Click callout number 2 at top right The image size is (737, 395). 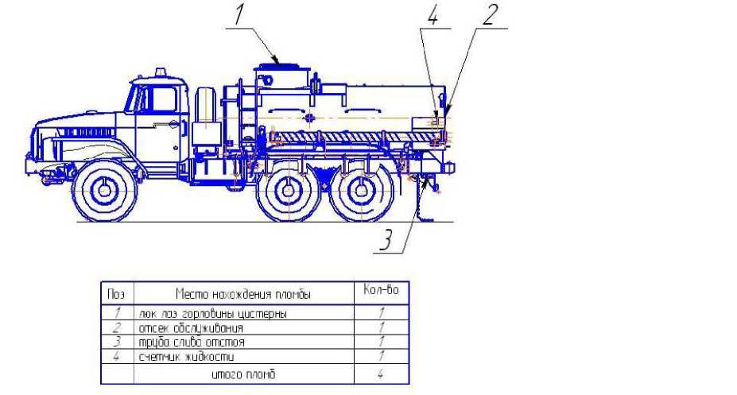[490, 16]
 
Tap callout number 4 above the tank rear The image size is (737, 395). [433, 17]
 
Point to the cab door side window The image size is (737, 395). [163, 100]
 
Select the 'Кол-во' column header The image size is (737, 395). [381, 292]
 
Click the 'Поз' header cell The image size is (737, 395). [115, 294]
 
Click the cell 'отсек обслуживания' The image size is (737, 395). [191, 327]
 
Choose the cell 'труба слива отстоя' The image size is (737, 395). [192, 342]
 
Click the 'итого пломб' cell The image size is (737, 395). [244, 374]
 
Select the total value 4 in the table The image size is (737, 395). [381, 374]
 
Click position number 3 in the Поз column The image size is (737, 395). [115, 342]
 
